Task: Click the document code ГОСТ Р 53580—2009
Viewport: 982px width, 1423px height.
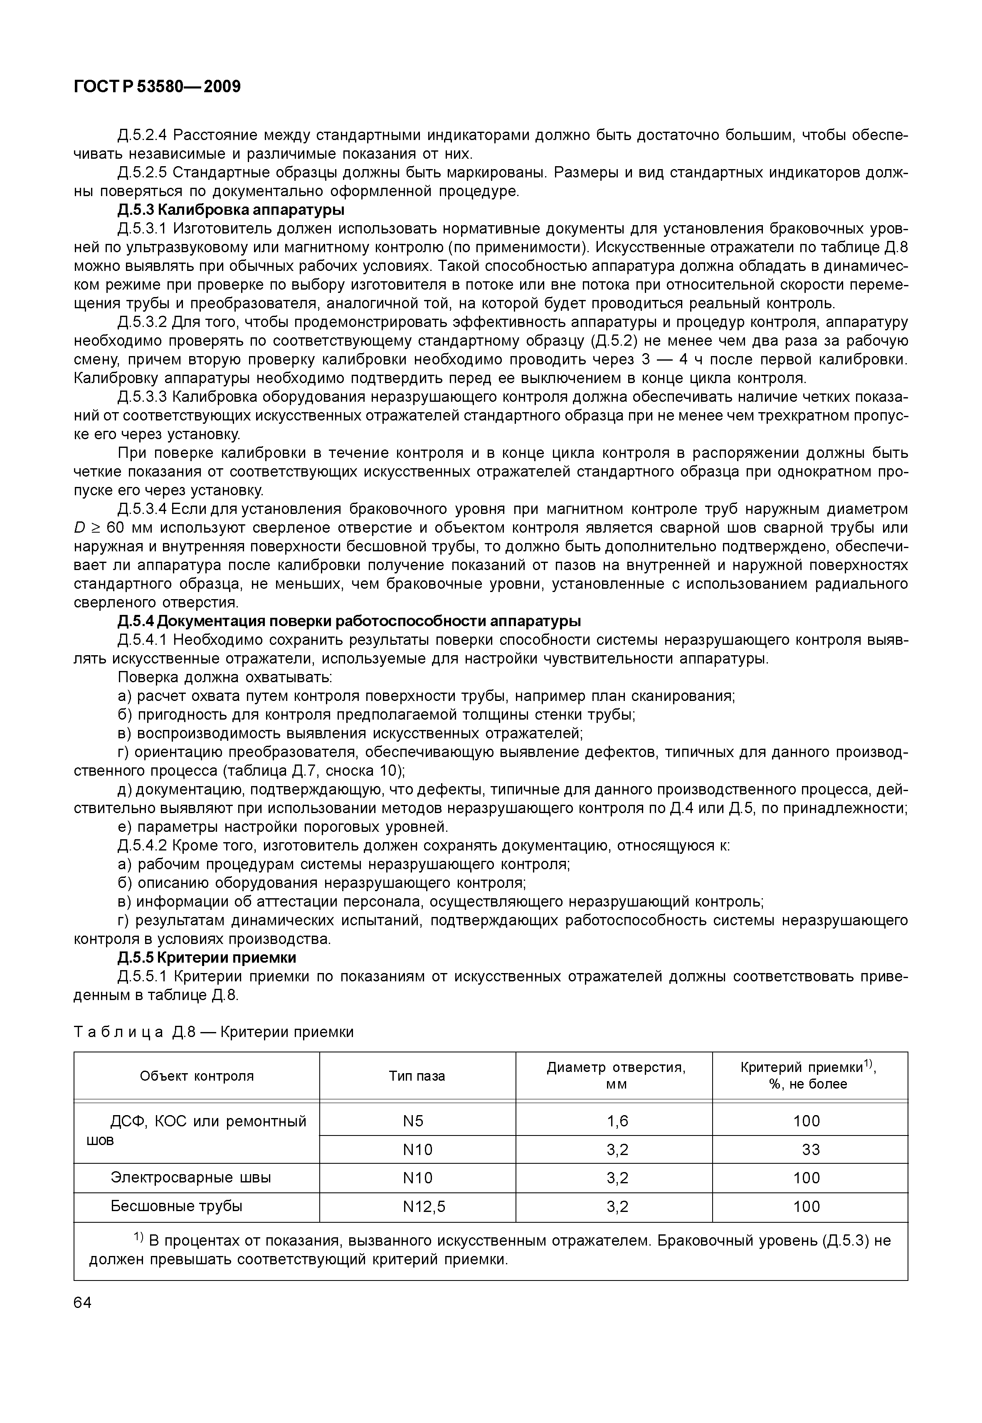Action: tap(158, 87)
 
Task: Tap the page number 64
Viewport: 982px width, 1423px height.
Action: tap(82, 1303)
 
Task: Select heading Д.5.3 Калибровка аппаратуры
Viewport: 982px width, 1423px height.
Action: tap(231, 210)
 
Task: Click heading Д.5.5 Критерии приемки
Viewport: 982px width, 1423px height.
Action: tap(207, 958)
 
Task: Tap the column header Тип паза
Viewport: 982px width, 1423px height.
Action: tap(417, 1076)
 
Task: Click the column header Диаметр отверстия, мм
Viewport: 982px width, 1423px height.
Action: tap(616, 1076)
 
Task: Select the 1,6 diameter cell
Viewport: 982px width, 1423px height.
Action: tap(617, 1121)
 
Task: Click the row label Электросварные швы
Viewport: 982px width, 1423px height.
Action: tap(191, 1177)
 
